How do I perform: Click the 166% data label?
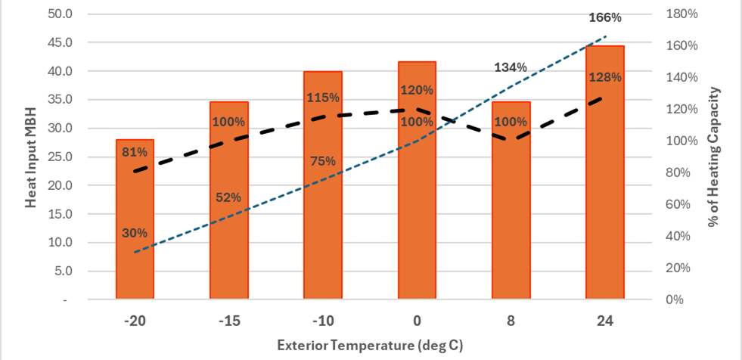606,17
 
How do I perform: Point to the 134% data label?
511,67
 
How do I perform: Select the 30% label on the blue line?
135,233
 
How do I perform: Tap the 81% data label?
135,154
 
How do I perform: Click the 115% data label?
323,98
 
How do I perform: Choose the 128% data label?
606,77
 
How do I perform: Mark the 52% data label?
228,197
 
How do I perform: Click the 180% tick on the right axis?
679,14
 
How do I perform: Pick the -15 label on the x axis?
228,321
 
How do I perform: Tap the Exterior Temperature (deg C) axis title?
370,345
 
